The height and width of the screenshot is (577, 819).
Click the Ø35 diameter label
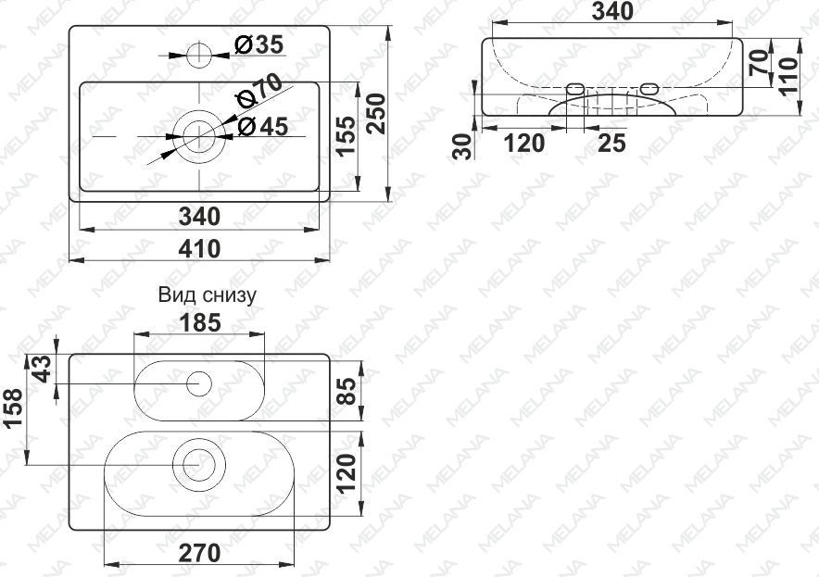(x=258, y=44)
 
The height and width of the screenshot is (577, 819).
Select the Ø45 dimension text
(x=262, y=126)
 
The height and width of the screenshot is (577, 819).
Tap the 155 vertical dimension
(x=346, y=136)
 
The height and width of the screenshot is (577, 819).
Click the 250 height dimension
(x=375, y=113)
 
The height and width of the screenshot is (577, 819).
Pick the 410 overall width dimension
(x=199, y=248)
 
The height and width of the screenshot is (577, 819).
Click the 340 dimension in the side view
(x=612, y=11)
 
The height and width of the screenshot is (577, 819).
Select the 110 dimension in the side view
(x=789, y=76)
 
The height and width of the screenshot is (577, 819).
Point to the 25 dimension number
(x=611, y=143)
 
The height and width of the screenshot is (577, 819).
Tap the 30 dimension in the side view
(x=463, y=146)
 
